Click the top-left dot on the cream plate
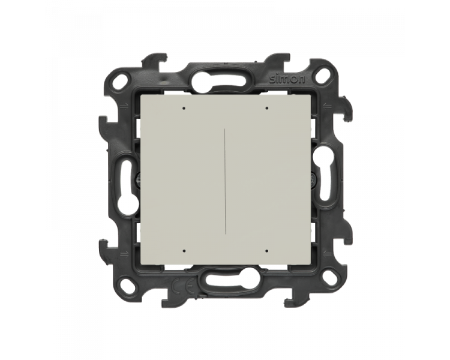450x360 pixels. pos(184,109)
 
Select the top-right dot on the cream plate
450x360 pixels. pos(266,108)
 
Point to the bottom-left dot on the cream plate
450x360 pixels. pos(184,251)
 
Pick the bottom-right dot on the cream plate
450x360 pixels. pos(266,251)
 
